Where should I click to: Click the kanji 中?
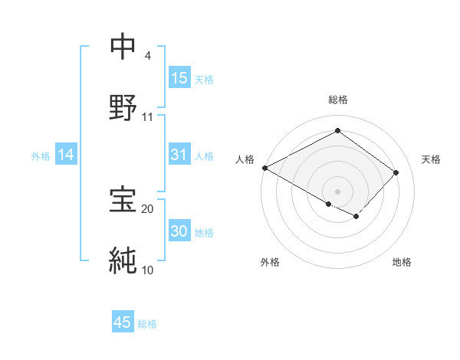[123, 47]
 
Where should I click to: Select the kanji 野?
[123, 108]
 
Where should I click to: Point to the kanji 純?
[123, 260]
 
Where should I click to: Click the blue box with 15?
[179, 78]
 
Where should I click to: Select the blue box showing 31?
[179, 155]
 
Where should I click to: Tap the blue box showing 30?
[179, 232]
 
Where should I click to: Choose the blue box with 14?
[66, 155]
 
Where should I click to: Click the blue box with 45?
[123, 322]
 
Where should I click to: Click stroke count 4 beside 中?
[147, 56]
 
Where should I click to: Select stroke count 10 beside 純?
[147, 270]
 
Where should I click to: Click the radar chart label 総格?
[337, 100]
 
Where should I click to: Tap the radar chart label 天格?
[431, 159]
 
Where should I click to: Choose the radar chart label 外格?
[270, 262]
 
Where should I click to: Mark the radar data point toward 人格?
[264, 168]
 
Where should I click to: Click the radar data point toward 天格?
[396, 172]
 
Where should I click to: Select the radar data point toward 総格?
[337, 131]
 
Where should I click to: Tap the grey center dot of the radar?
[337, 191]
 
